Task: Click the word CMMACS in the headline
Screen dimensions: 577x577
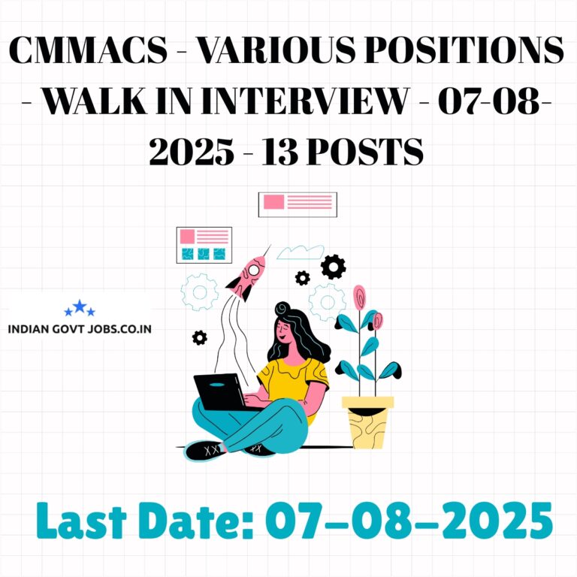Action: [x=89, y=50]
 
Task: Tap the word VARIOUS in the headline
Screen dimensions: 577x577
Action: [x=276, y=50]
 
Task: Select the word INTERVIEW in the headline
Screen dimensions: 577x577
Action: [x=305, y=101]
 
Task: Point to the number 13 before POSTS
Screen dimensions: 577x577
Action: [x=279, y=152]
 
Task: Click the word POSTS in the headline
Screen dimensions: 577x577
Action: [x=364, y=152]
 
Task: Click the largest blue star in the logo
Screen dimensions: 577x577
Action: [x=80, y=306]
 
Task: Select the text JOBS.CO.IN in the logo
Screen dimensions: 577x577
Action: [x=119, y=328]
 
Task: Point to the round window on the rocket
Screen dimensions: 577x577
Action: [x=253, y=270]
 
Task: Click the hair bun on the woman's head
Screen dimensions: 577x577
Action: [x=282, y=308]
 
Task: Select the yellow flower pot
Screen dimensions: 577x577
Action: [x=367, y=422]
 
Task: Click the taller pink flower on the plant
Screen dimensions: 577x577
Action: [x=359, y=298]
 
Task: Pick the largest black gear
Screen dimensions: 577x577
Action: [x=333, y=267]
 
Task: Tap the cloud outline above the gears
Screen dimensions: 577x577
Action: [x=301, y=252]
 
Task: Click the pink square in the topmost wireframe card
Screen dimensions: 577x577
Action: [x=273, y=201]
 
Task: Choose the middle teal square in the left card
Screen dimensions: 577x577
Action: [x=203, y=254]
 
